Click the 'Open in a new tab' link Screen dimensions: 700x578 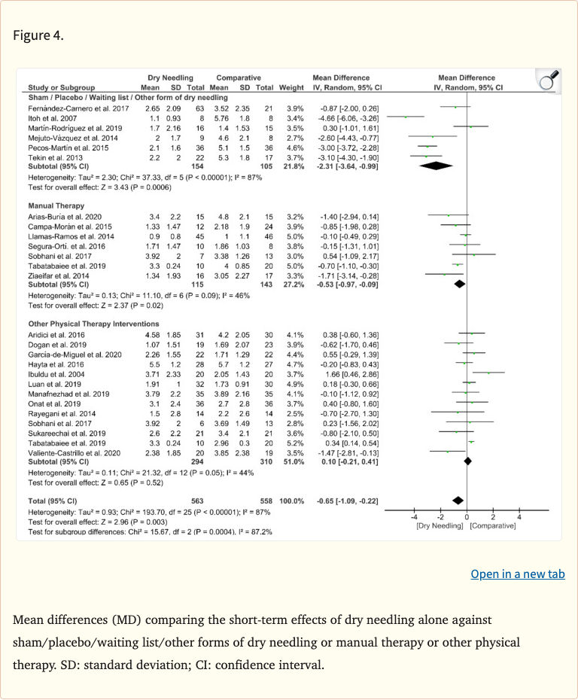pyautogui.click(x=517, y=574)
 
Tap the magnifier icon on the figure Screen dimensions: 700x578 pyautogui.click(x=549, y=79)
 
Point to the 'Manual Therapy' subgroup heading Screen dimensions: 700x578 pyautogui.click(x=57, y=205)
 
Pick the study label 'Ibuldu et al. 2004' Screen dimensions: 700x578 pyautogui.click(x=55, y=374)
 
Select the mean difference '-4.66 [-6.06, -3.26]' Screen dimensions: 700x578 pyautogui.click(x=349, y=119)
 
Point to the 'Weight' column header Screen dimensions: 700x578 pyautogui.click(x=291, y=88)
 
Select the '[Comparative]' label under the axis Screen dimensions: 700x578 pyautogui.click(x=493, y=525)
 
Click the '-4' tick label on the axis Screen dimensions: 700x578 pyautogui.click(x=413, y=516)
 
